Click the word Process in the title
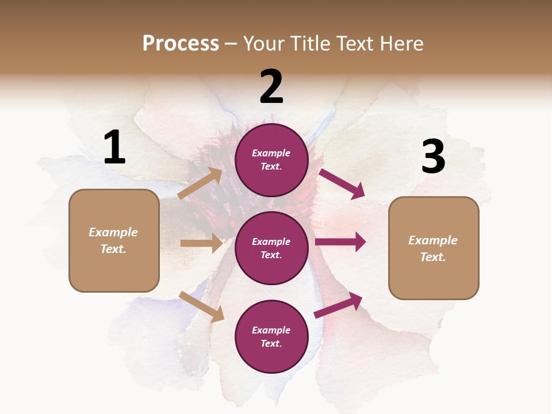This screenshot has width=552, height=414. tap(181, 44)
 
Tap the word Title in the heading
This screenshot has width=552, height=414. tap(309, 44)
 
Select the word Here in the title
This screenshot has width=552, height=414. tap(400, 44)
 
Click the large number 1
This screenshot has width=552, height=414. tap(114, 147)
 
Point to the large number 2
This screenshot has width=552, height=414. tap(271, 87)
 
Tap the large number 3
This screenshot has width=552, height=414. tap(433, 156)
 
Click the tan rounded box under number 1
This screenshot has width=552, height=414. tap(114, 240)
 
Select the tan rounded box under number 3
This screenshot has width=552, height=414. tap(434, 248)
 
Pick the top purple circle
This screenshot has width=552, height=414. tap(271, 160)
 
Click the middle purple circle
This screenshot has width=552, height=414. tap(271, 248)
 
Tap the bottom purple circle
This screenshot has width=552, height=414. tap(271, 336)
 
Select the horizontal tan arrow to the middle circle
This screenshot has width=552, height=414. tap(201, 243)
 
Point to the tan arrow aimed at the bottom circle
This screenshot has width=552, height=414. tap(201, 306)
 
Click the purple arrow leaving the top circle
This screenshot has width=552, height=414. tap(342, 183)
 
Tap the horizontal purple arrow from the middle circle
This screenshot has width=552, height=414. tap(340, 242)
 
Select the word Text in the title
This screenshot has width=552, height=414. tap(354, 44)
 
